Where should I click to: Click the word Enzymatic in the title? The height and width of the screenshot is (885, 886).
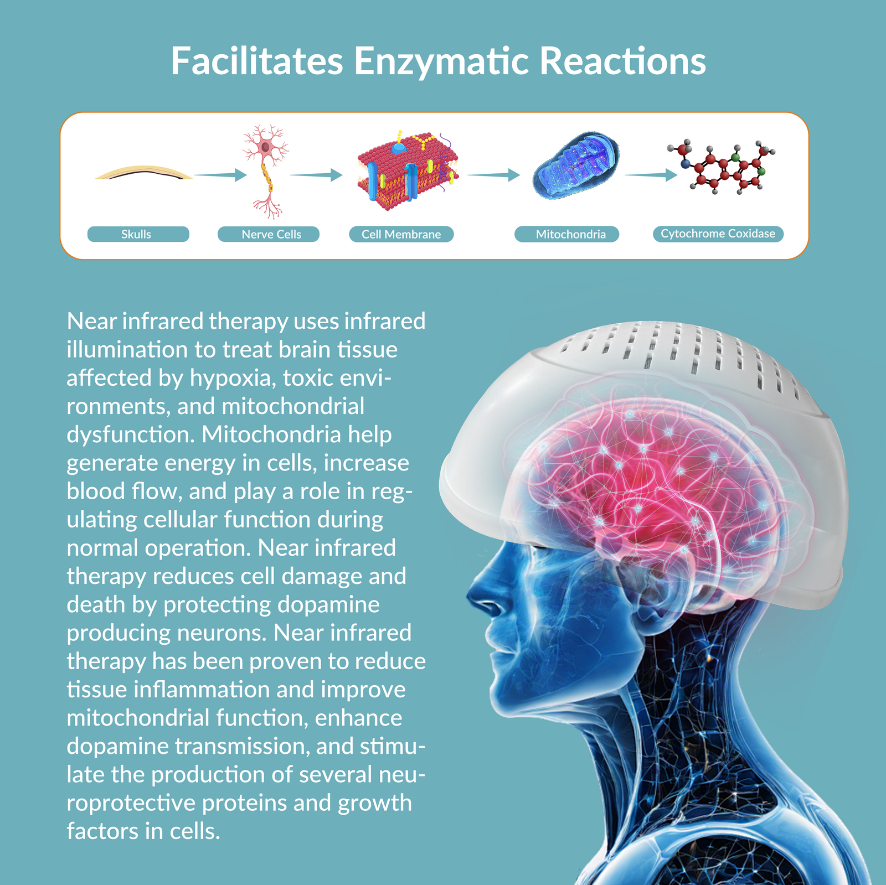coord(442,62)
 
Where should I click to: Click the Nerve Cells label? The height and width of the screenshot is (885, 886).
coord(269,234)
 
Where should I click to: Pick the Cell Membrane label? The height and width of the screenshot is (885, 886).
coord(401,234)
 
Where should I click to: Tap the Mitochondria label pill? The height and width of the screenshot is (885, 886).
coord(566,234)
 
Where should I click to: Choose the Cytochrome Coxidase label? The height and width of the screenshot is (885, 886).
coord(718,234)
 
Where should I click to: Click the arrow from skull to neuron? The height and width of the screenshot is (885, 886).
coord(220,175)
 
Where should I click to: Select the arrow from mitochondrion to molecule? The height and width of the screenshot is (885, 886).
coord(651,175)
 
